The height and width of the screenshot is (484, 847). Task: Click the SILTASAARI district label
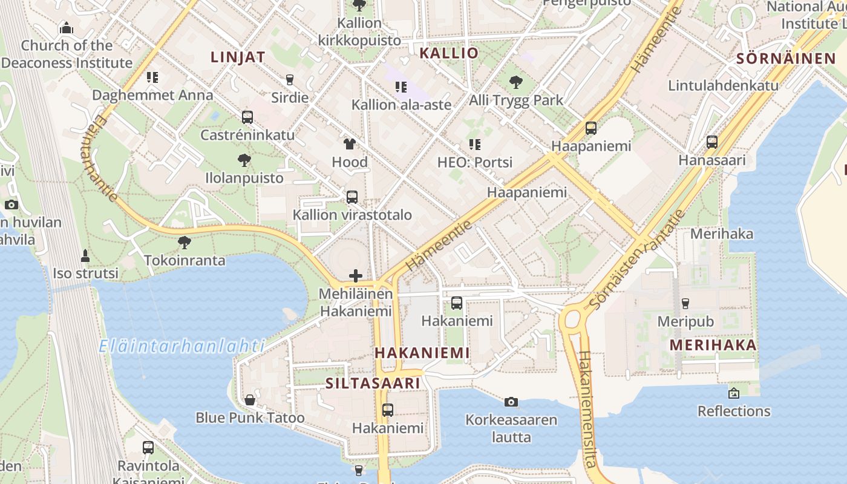point(373,383)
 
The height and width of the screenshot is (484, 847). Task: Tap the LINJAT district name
point(238,57)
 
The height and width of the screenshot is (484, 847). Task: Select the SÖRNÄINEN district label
point(786,59)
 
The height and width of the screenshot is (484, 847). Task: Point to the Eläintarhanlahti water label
point(181,347)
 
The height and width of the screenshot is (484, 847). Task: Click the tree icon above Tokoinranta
point(185,243)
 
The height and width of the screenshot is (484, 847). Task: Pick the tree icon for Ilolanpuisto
point(244,160)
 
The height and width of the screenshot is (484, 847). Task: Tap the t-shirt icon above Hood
point(350,144)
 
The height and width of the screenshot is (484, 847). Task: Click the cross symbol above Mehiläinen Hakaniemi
point(356,276)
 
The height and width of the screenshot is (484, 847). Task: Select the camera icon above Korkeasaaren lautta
point(511,402)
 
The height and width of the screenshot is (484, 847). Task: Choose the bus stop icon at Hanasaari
point(712,143)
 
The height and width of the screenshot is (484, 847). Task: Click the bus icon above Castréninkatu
point(247,117)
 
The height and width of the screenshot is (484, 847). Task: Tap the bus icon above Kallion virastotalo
point(352,197)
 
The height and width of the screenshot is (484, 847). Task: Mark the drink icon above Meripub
point(685,303)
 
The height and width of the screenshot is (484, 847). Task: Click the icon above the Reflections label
point(734,393)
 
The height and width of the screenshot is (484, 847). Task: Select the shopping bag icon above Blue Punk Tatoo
point(250,400)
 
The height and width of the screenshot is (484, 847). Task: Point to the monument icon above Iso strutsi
point(85,256)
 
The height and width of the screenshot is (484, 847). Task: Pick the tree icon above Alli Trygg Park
point(516,82)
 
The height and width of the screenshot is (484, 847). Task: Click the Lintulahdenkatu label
point(723,85)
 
